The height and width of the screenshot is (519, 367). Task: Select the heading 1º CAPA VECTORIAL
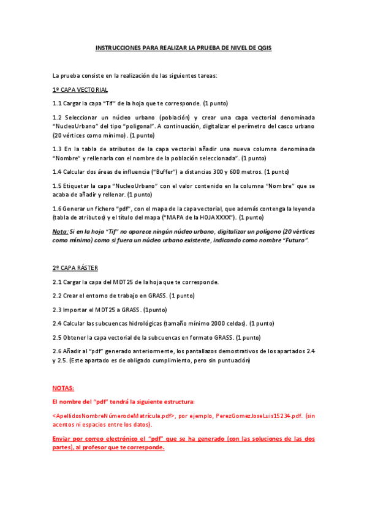pos(80,89)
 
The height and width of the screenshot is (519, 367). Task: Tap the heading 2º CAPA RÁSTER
pos(75,268)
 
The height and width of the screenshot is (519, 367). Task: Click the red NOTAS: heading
pos(63,388)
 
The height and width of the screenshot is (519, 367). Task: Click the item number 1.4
pos(58,171)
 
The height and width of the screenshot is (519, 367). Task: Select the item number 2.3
pos(58,309)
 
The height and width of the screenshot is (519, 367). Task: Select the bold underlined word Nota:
pos(61,233)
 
